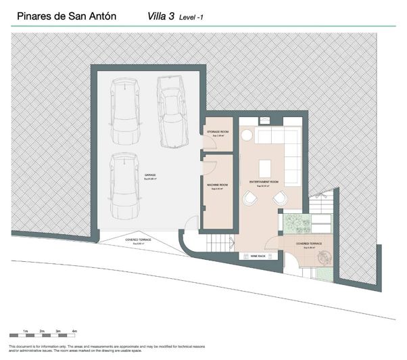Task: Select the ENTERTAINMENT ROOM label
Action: coord(264,182)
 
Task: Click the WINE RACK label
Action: coord(258,256)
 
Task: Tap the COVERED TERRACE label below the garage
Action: coord(138,240)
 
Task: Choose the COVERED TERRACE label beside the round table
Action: coord(308,244)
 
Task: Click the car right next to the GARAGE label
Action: coord(124,182)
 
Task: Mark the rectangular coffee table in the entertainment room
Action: coord(264,168)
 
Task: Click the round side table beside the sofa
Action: coord(247,133)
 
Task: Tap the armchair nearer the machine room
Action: coord(250,198)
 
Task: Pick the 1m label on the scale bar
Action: coord(24,330)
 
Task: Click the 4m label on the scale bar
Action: coord(75,330)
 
